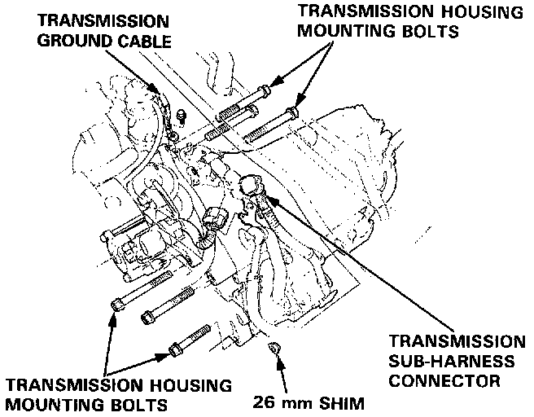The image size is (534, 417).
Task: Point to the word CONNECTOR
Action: coord(443,379)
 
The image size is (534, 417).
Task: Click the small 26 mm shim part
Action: coord(274,349)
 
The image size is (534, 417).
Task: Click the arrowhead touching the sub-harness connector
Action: coord(271,198)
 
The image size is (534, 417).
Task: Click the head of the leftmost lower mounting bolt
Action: coord(118,305)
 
